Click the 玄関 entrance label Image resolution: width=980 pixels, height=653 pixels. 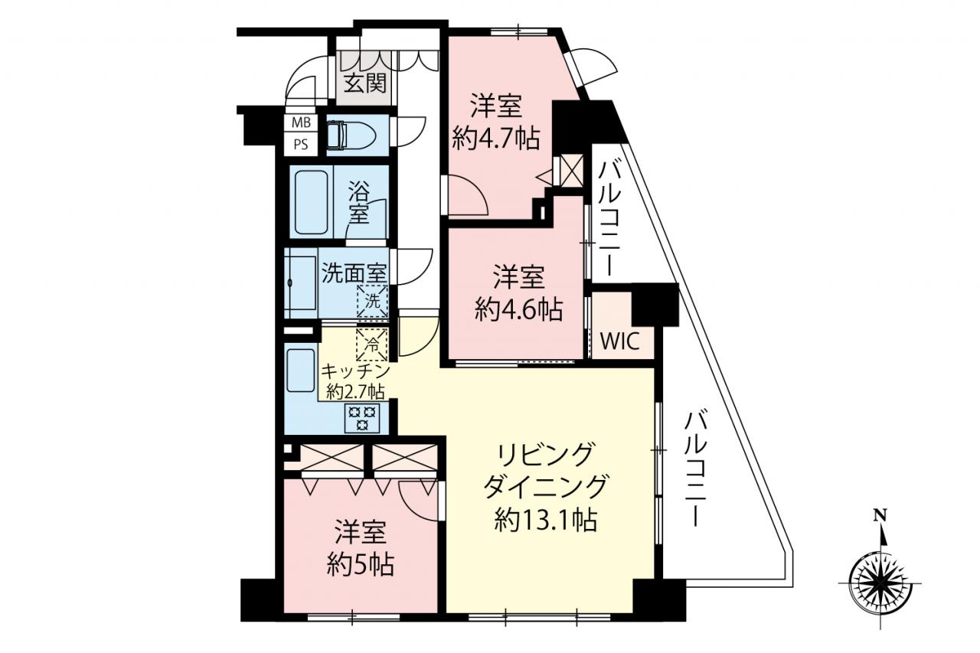[x=365, y=83]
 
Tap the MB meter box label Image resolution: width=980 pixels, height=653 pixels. [x=301, y=122]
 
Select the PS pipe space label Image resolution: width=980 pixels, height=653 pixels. [x=301, y=145]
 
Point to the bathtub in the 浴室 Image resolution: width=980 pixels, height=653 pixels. [x=311, y=203]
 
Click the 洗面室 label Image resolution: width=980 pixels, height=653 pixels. [x=354, y=273]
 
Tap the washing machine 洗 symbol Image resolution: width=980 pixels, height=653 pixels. [x=372, y=301]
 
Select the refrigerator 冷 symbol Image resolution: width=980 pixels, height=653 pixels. [x=372, y=344]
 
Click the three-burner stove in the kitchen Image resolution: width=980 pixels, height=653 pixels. [x=362, y=418]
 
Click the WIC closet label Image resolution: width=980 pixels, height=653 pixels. [x=619, y=341]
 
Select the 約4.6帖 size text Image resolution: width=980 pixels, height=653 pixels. [x=519, y=309]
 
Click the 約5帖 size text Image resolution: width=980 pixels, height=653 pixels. [x=361, y=565]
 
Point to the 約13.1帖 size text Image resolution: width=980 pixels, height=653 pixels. [x=546, y=520]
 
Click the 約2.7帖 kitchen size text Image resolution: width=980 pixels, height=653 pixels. [x=355, y=392]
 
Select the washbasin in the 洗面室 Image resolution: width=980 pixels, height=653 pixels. [x=300, y=283]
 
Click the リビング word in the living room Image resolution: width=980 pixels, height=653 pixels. [x=546, y=455]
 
